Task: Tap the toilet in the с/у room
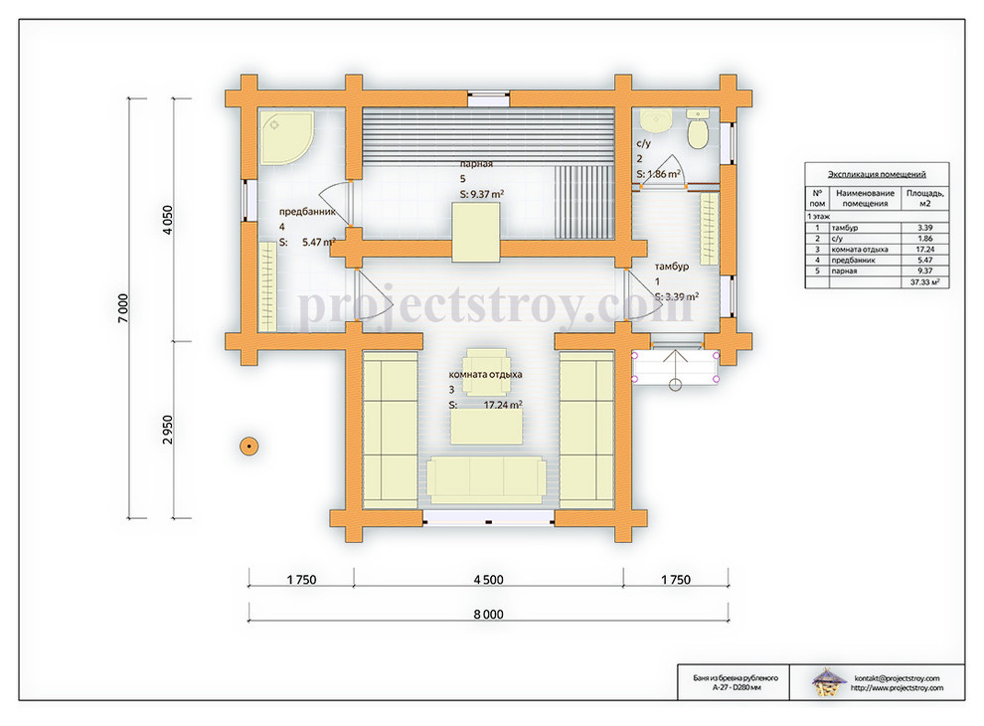pos(698,129)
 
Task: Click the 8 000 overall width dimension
pos(488,615)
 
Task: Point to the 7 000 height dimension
pos(123,308)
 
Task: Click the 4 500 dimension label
pos(488,580)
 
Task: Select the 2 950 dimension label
pos(167,430)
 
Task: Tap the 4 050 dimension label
pos(167,220)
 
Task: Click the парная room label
pos(476,164)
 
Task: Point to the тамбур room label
pos(672,267)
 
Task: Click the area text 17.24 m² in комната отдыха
pos(503,405)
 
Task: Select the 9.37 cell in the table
pos(925,271)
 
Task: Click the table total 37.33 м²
pos(925,282)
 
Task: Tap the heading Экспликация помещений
pos(877,175)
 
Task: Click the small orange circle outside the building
pos(249,446)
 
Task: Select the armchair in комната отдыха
pos(484,372)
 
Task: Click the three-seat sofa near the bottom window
pos(486,479)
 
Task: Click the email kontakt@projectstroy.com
pos(897,678)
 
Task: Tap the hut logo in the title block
pos(828,682)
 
